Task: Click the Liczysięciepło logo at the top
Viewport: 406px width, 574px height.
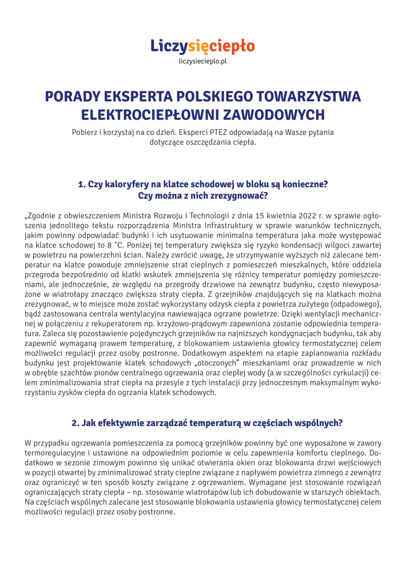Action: (x=203, y=45)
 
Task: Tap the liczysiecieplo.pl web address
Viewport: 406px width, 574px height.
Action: (x=203, y=61)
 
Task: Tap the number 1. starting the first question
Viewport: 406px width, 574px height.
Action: (x=82, y=184)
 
